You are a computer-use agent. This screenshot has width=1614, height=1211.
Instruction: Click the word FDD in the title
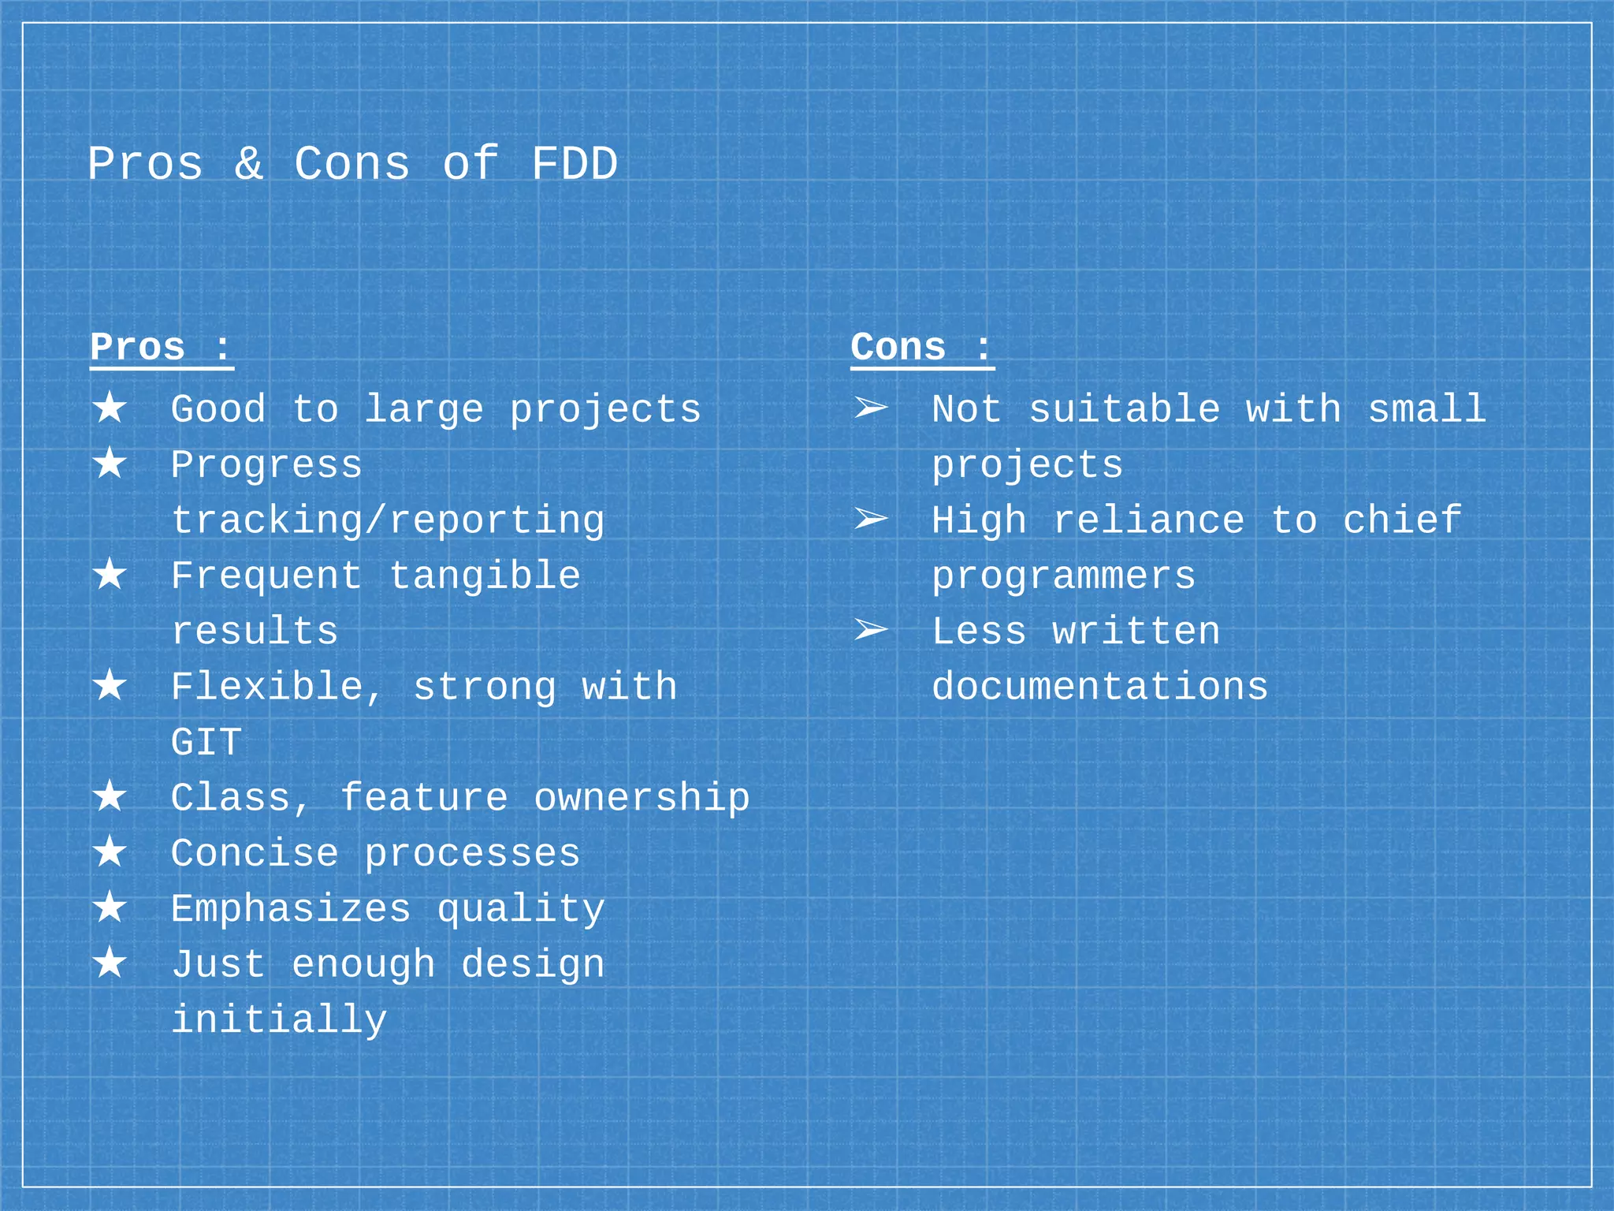click(574, 165)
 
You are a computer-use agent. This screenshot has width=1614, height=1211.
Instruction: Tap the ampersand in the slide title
click(248, 165)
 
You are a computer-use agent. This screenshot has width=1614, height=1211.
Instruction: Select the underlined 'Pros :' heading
click(162, 348)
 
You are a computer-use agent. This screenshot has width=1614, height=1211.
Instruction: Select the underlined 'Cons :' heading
click(921, 348)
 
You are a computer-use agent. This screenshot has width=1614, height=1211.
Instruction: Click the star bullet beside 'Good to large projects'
click(110, 408)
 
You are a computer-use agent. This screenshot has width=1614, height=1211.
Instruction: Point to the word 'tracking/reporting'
click(388, 521)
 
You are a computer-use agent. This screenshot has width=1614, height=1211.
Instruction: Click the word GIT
click(206, 743)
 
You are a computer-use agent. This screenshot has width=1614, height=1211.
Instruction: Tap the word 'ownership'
click(642, 798)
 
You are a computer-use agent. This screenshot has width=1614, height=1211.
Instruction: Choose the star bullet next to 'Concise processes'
click(110, 852)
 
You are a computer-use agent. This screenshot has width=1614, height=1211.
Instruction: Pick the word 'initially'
click(279, 1020)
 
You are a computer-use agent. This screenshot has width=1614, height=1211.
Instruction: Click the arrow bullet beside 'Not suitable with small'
click(871, 408)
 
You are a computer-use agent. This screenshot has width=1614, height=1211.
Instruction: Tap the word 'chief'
click(1402, 520)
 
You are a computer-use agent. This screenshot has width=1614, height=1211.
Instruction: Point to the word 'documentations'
click(1100, 687)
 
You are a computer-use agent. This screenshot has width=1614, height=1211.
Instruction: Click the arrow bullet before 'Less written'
click(871, 630)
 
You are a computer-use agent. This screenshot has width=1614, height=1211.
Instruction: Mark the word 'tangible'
click(485, 576)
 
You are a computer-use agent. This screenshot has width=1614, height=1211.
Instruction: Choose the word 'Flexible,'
click(277, 687)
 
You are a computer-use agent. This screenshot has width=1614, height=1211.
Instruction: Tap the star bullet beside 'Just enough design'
click(110, 963)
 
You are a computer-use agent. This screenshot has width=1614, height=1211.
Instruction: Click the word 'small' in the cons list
click(1426, 409)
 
